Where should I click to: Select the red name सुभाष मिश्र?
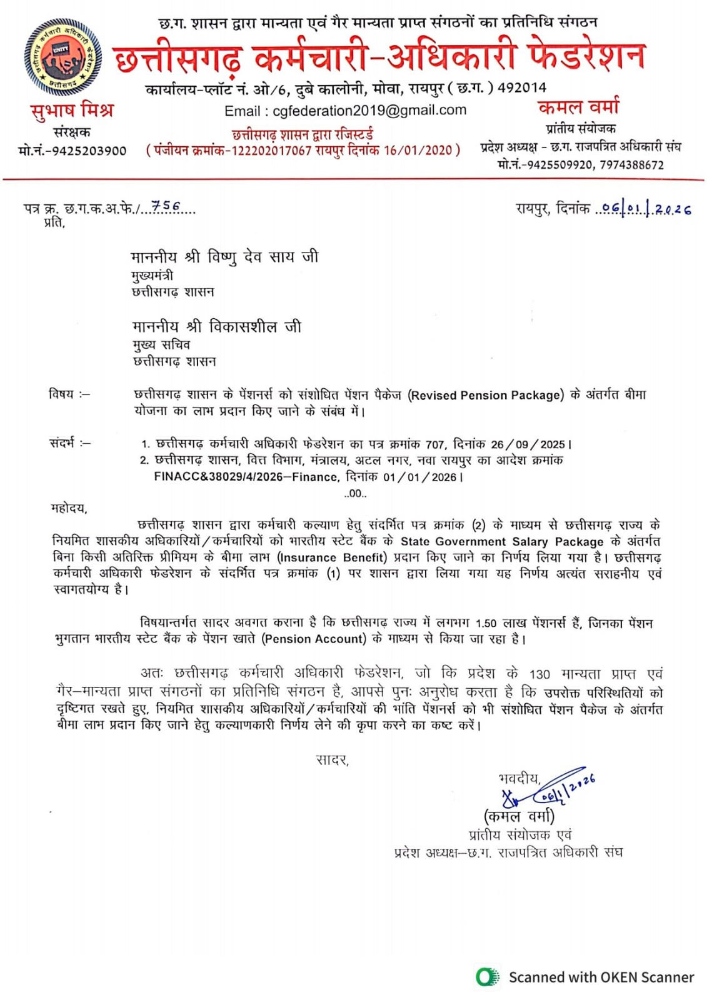pos(73,110)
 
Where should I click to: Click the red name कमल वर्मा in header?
pos(578,106)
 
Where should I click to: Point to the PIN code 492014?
pos(521,87)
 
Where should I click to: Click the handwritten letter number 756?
pos(166,206)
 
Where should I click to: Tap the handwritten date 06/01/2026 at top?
pos(645,209)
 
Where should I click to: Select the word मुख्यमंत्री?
pos(153,275)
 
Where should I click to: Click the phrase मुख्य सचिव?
pos(161,344)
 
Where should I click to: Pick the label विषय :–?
pos(69,394)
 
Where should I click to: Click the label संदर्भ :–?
pos(69,443)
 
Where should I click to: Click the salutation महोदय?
pos(69,508)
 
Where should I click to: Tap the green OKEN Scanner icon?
pos(487,977)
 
